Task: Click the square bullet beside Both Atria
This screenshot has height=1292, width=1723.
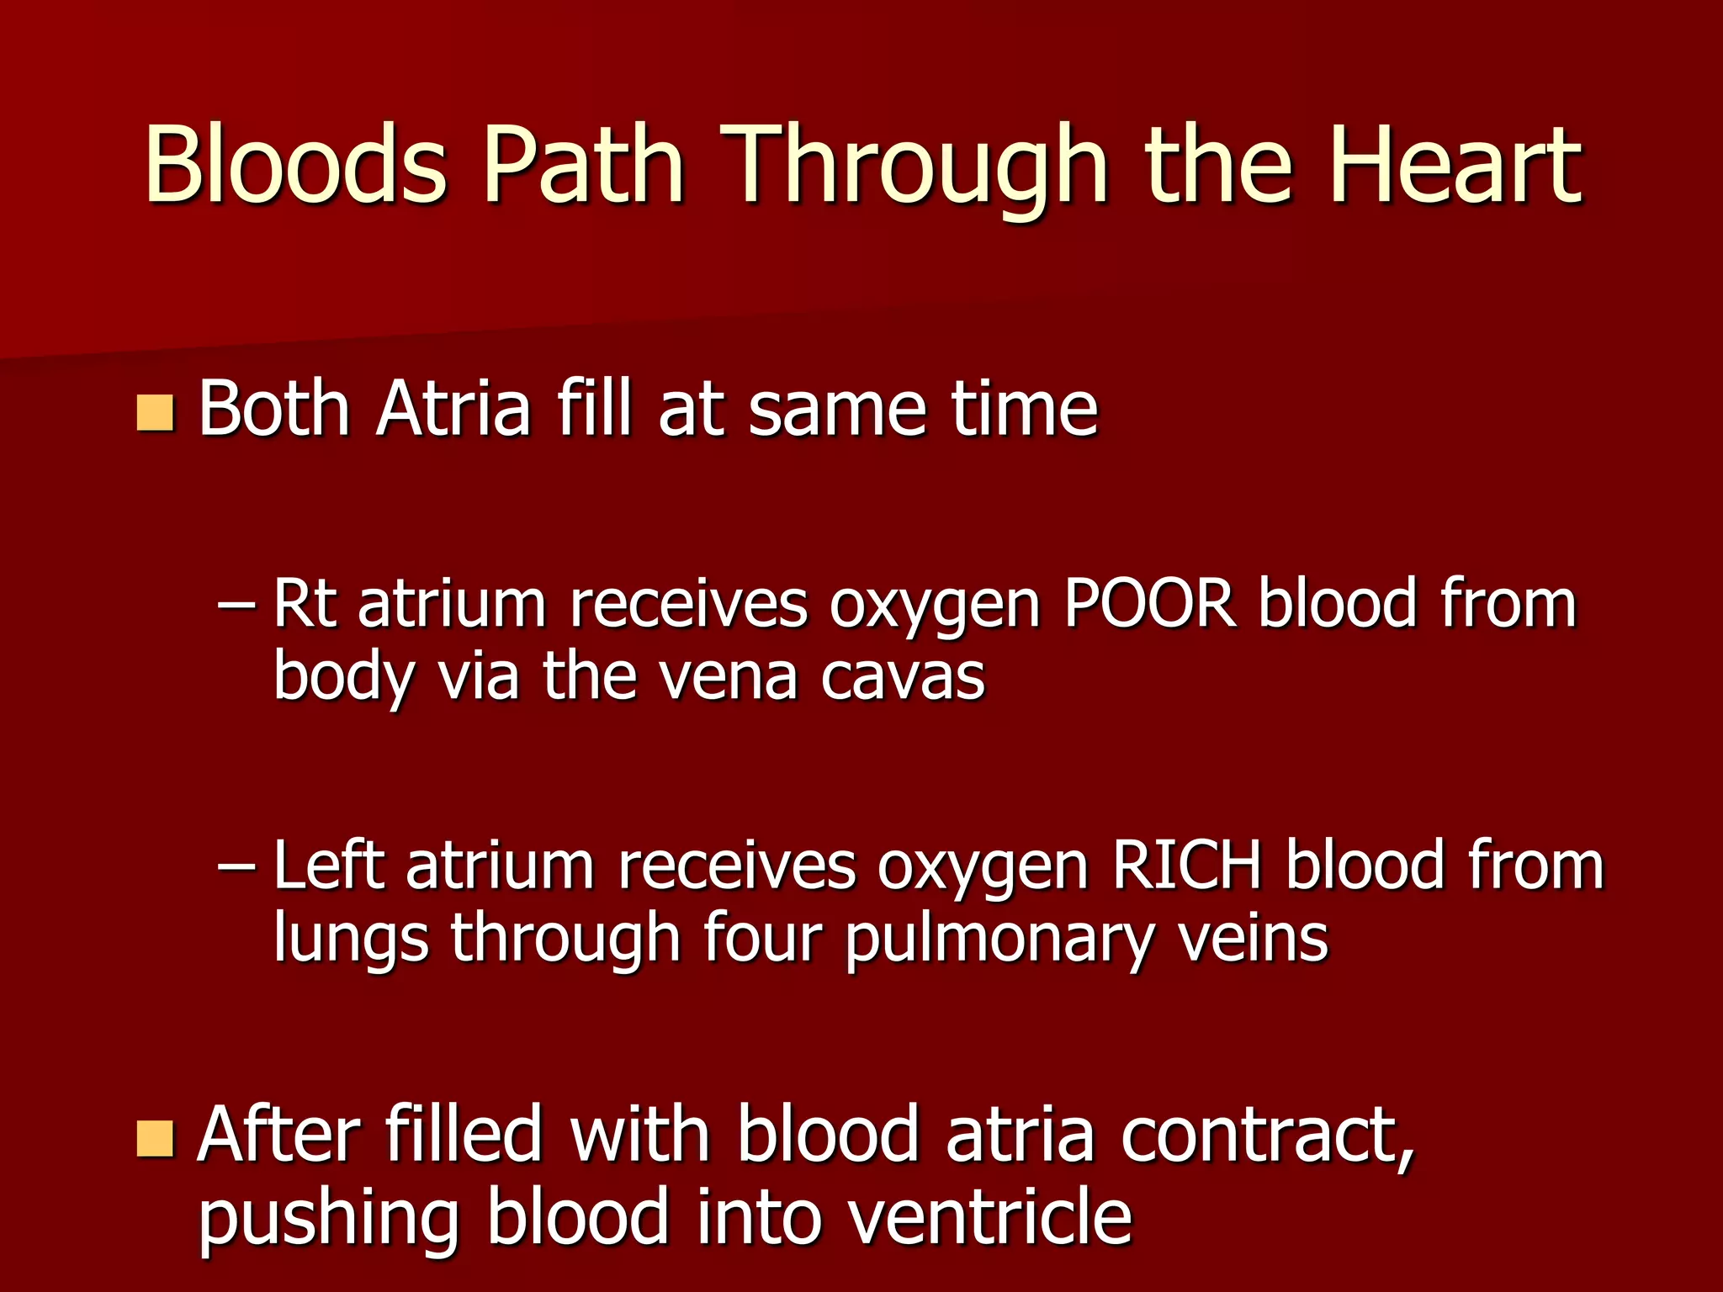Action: (155, 413)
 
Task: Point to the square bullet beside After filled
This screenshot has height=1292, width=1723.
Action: (155, 1138)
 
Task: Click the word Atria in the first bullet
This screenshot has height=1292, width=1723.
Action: (454, 409)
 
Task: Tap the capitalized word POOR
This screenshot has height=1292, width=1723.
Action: (1150, 603)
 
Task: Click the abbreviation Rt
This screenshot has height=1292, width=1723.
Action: (305, 603)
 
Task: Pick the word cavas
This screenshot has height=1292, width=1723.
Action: (902, 677)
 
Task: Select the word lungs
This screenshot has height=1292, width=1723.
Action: (351, 939)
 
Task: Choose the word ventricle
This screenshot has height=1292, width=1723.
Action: (989, 1216)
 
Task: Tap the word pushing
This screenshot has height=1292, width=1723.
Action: (329, 1218)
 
